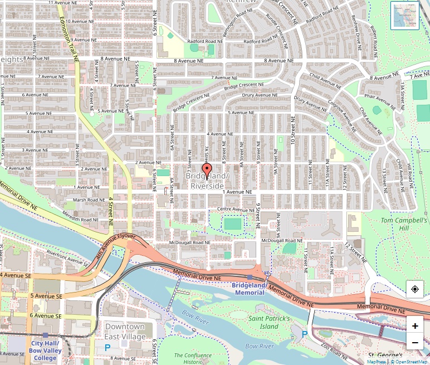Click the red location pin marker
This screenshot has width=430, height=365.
pyautogui.click(x=207, y=170)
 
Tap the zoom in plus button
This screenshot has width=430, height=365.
pyautogui.click(x=415, y=326)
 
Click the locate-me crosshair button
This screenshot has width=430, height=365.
pyautogui.click(x=415, y=289)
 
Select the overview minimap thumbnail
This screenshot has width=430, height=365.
pyautogui.click(x=404, y=16)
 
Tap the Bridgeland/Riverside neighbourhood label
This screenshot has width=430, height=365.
pyautogui.click(x=207, y=181)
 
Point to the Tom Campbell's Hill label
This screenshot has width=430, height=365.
pyautogui.click(x=404, y=224)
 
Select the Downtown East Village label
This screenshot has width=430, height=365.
pyautogui.click(x=125, y=332)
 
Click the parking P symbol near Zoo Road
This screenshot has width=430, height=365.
pyautogui.click(x=304, y=334)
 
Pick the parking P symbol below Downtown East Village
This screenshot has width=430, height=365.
pyautogui.click(x=107, y=347)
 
